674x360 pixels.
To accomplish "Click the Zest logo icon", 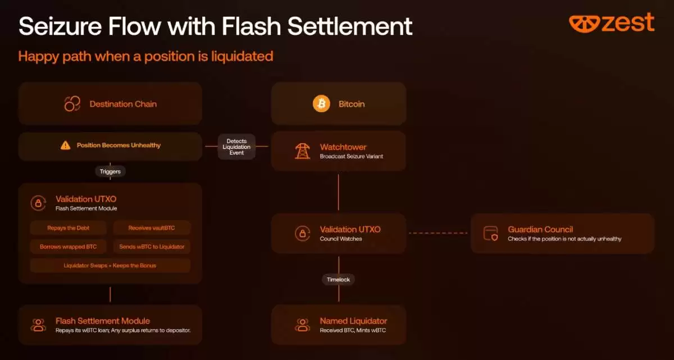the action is pyautogui.click(x=584, y=24).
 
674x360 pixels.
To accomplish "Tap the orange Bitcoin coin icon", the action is pyautogui.click(x=321, y=104).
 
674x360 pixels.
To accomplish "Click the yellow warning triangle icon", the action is pyautogui.click(x=65, y=145).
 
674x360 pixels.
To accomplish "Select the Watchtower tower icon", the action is pyautogui.click(x=302, y=151).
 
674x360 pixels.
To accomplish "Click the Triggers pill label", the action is pyautogui.click(x=110, y=171).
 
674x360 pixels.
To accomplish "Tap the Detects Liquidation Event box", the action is pyautogui.click(x=236, y=147).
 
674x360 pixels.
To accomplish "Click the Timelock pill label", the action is pyautogui.click(x=339, y=280).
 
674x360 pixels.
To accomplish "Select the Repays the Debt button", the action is pyautogui.click(x=69, y=228).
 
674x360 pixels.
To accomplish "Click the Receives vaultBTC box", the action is pyautogui.click(x=152, y=228).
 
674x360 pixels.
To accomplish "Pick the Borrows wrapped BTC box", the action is pyautogui.click(x=69, y=247).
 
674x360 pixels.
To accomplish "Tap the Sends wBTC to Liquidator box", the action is pyautogui.click(x=152, y=247).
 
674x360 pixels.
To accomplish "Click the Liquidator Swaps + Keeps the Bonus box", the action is pyautogui.click(x=110, y=266).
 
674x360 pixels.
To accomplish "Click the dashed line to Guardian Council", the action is pyautogui.click(x=438, y=233).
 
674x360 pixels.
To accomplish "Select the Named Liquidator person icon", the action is pyautogui.click(x=302, y=325).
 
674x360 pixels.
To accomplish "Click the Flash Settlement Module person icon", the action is pyautogui.click(x=38, y=325).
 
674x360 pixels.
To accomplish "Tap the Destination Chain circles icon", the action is pyautogui.click(x=72, y=104).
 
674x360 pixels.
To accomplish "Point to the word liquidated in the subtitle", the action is pyautogui.click(x=242, y=57).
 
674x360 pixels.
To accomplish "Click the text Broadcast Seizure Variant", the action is pyautogui.click(x=352, y=156).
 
